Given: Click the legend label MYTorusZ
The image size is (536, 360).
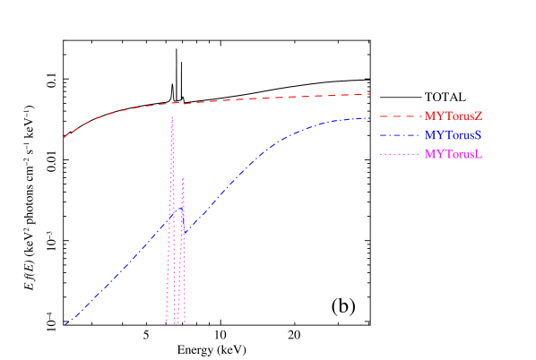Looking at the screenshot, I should click(x=454, y=116).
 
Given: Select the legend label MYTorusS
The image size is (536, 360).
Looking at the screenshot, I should click(x=454, y=135).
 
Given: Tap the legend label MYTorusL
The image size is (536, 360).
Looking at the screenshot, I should click(x=454, y=154).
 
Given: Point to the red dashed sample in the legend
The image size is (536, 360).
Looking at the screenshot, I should click(x=400, y=116).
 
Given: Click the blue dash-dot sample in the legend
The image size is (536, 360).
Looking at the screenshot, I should click(x=400, y=135).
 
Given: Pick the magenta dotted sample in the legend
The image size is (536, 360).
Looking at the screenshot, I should click(x=400, y=154).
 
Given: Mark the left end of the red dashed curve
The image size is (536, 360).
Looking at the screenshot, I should click(x=64, y=138).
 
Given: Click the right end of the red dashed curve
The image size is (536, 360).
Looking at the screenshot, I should click(x=370, y=93).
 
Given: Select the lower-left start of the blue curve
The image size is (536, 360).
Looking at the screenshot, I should click(x=65, y=324).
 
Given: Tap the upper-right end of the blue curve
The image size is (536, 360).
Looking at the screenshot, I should click(x=370, y=117).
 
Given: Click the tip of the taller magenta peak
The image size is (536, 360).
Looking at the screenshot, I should click(x=172, y=117).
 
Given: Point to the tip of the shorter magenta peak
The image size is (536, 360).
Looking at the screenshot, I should click(x=183, y=177).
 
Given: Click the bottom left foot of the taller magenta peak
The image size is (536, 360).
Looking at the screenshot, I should click(x=167, y=323).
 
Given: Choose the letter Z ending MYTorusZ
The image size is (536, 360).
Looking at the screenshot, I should click(x=479, y=116).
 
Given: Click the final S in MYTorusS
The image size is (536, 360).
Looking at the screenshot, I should click(x=479, y=135).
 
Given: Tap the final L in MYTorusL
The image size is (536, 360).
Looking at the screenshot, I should click(x=480, y=154).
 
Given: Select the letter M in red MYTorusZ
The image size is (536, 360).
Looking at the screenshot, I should click(x=429, y=116).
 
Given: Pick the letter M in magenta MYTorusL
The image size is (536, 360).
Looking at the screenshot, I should click(x=429, y=154).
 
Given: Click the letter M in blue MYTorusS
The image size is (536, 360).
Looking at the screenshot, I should click(x=429, y=135).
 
